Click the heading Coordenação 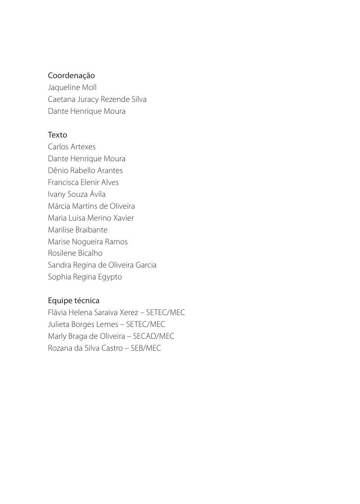(x=71, y=76)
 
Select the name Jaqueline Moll (x=72, y=88)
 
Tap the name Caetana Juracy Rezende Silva (x=97, y=99)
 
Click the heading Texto (x=57, y=135)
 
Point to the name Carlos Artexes (x=72, y=147)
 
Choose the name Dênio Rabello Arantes (x=85, y=171)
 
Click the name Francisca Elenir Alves (x=83, y=183)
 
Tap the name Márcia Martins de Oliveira (x=91, y=206)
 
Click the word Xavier (x=123, y=218)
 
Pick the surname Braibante (x=91, y=230)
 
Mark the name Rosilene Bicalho (x=75, y=253)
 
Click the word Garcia (x=145, y=265)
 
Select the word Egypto (x=109, y=277)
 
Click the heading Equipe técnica (x=73, y=301)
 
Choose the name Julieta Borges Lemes (x=83, y=324)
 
